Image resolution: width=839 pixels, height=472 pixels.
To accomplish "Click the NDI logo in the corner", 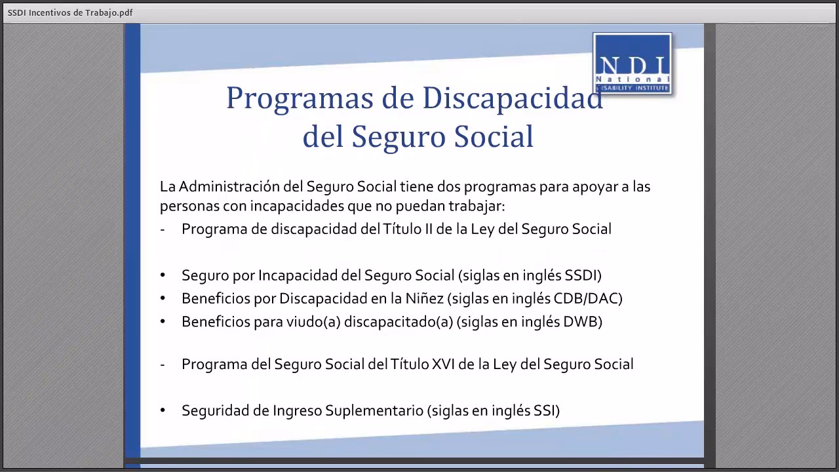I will pyautogui.click(x=632, y=64).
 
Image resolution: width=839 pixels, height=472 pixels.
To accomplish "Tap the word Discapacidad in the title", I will pyautogui.click(x=513, y=98).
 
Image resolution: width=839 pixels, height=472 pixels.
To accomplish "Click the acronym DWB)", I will pyautogui.click(x=582, y=321).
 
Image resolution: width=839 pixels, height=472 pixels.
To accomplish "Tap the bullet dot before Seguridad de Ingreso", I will pyautogui.click(x=163, y=411).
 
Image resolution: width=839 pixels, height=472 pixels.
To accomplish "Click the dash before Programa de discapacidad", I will pyautogui.click(x=163, y=229).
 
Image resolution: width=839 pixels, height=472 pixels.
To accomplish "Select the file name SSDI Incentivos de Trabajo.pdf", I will pyautogui.click(x=66, y=12).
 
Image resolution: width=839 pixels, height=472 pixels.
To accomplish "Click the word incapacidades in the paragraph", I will pyautogui.click(x=290, y=206).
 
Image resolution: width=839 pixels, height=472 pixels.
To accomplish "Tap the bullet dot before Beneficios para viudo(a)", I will pyautogui.click(x=163, y=322).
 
